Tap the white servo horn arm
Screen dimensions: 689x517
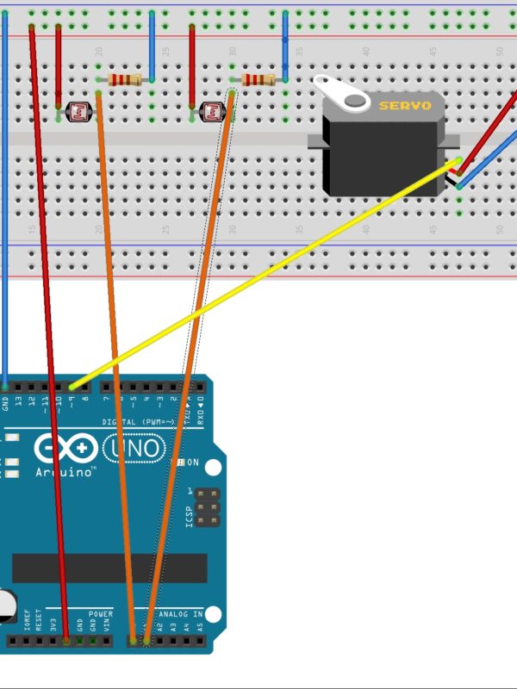[x=340, y=93]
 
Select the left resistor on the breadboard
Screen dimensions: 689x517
[x=126, y=80]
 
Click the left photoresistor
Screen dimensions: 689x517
[x=76, y=110]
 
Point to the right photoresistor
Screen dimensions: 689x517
[x=210, y=110]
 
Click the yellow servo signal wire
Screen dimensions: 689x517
[x=258, y=276]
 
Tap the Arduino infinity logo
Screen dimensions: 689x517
[x=65, y=449]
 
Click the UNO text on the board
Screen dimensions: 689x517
[x=134, y=448]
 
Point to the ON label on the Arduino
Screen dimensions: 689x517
[x=193, y=462]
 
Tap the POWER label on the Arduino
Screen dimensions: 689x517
[x=100, y=614]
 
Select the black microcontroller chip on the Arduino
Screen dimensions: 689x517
[x=109, y=568]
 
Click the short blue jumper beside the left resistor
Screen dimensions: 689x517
[x=152, y=47]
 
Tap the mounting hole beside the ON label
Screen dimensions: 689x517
[x=213, y=468]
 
